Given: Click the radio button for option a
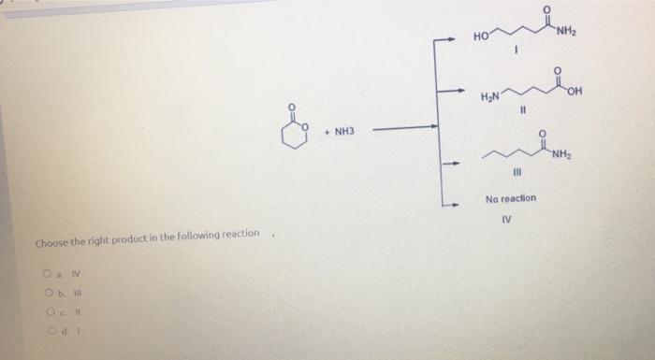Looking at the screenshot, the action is (x=43, y=275).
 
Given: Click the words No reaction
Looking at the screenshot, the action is (x=510, y=199).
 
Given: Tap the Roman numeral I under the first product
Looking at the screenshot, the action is (x=514, y=54).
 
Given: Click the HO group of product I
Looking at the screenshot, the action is (x=480, y=39).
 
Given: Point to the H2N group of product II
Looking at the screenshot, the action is (x=490, y=95).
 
